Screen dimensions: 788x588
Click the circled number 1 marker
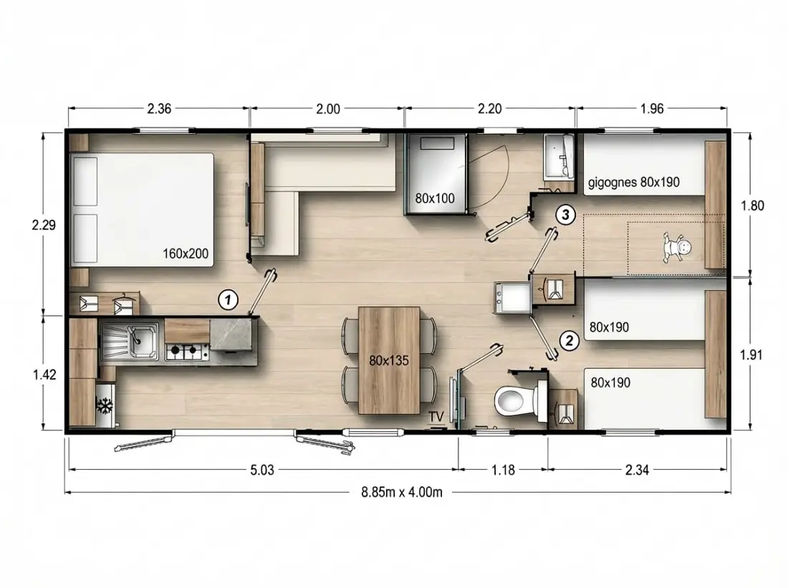click(228, 300)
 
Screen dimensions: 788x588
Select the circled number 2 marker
click(569, 341)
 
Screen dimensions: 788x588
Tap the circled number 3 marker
click(565, 215)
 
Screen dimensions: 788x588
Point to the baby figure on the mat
click(677, 248)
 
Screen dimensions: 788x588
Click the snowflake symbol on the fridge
click(105, 405)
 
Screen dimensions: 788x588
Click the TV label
click(436, 417)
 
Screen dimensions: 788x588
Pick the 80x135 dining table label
click(389, 360)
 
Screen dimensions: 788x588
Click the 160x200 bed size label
click(186, 254)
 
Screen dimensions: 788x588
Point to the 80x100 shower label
click(435, 198)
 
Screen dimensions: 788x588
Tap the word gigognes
click(612, 183)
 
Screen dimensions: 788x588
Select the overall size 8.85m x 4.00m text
click(402, 492)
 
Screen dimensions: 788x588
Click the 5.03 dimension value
click(262, 470)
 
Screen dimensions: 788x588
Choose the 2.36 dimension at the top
click(159, 109)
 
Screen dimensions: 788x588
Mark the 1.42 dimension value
click(44, 375)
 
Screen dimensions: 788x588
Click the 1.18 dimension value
click(503, 470)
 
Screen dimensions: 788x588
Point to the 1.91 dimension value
click(751, 355)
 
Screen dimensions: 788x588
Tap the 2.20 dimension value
click(489, 109)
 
